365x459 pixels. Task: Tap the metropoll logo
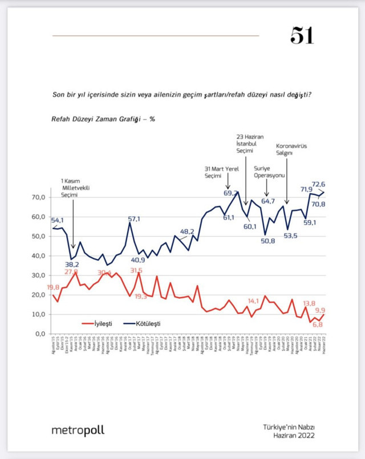pyautogui.click(x=78, y=430)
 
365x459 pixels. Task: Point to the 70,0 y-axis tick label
pyautogui.click(x=38, y=197)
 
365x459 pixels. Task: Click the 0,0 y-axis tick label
pyautogui.click(x=39, y=334)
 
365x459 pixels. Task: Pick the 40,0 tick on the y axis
pyautogui.click(x=38, y=255)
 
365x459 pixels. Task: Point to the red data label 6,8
pyautogui.click(x=318, y=325)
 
